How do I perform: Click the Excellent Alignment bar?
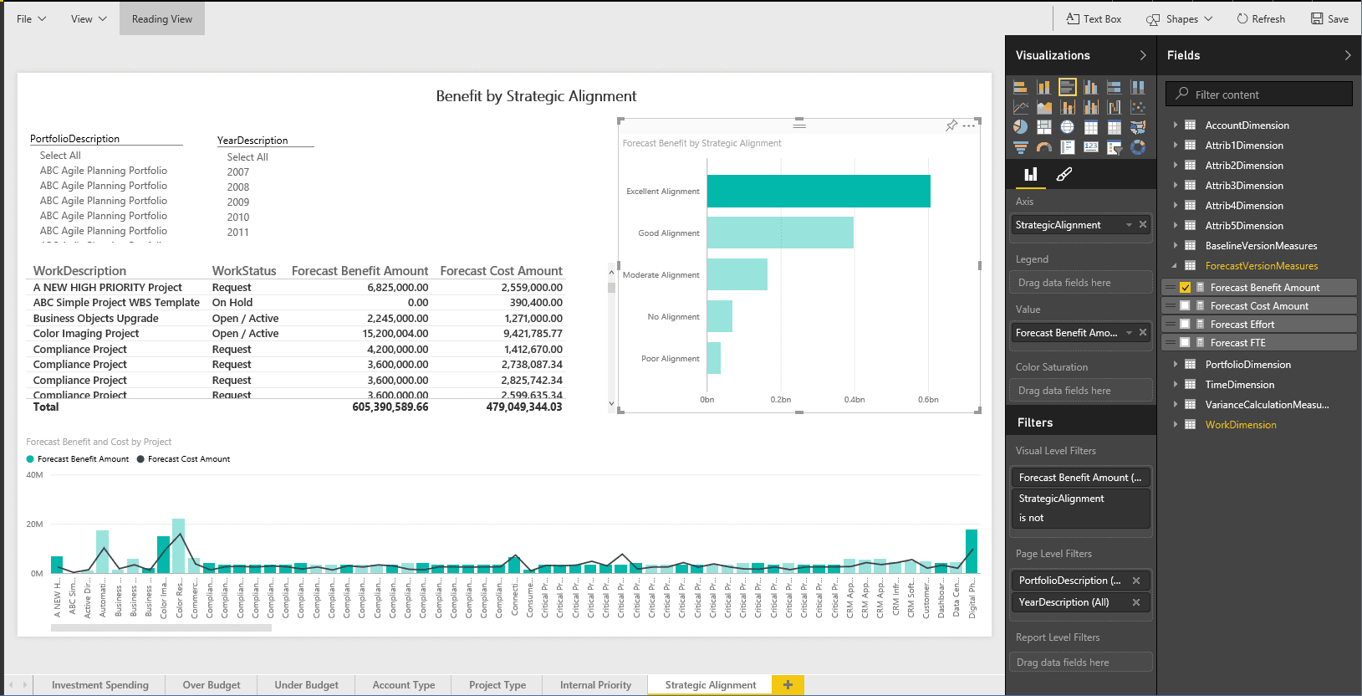[818, 191]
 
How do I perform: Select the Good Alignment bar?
[779, 233]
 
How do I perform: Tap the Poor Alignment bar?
[713, 358]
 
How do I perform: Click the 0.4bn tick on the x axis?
[854, 400]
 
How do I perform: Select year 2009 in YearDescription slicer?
[238, 202]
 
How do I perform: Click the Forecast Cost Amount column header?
[501, 271]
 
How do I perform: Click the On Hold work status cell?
[232, 303]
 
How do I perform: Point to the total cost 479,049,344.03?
[523, 407]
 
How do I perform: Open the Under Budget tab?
[306, 685]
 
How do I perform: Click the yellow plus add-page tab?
[788, 685]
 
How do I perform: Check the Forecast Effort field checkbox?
[1185, 325]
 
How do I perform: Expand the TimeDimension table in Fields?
[1175, 385]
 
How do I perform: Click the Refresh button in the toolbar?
[1261, 18]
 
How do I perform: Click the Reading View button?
[161, 18]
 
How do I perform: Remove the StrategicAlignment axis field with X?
[1143, 224]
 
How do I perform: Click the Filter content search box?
[1266, 95]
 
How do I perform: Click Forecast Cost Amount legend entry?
[188, 459]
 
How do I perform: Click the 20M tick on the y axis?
[34, 525]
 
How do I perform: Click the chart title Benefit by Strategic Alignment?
[536, 96]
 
